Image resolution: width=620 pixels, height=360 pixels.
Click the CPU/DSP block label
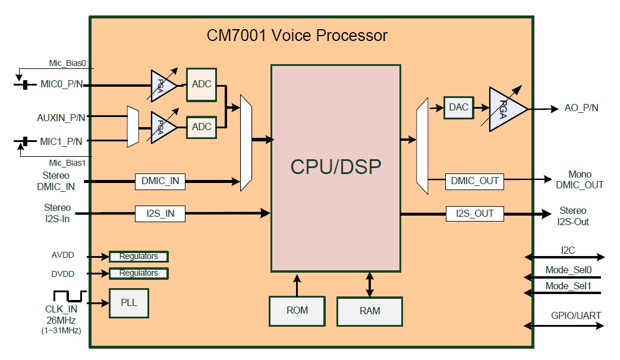click(335, 166)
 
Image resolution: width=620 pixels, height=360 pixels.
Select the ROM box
click(297, 310)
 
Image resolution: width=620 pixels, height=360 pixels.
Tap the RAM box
click(370, 311)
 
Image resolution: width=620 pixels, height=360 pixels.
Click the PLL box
click(129, 302)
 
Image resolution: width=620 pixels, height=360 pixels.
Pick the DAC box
click(459, 108)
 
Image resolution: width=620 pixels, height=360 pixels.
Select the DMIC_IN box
click(160, 182)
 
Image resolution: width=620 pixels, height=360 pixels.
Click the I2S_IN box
click(160, 213)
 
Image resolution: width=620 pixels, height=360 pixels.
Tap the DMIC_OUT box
click(474, 181)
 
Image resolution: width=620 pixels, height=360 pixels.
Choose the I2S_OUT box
click(474, 213)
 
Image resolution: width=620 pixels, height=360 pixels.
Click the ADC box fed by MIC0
click(202, 84)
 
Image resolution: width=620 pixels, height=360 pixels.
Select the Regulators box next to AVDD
click(139, 257)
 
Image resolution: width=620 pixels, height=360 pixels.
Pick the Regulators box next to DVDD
click(139, 273)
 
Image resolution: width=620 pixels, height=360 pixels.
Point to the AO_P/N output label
click(581, 108)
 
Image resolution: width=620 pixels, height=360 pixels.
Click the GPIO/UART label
click(568, 315)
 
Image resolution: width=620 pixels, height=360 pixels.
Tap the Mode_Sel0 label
click(568, 270)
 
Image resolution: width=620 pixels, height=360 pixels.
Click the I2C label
click(568, 250)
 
